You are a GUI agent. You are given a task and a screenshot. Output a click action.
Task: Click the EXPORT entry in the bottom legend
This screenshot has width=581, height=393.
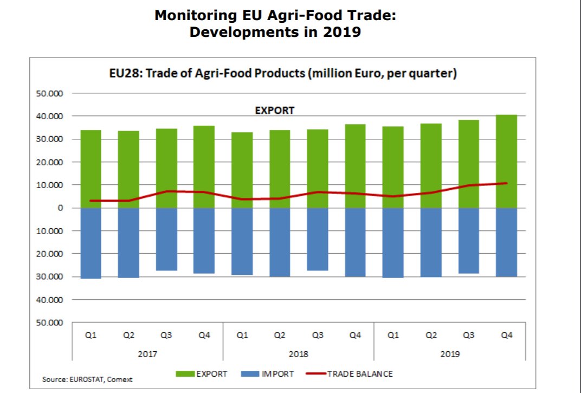coord(202,373)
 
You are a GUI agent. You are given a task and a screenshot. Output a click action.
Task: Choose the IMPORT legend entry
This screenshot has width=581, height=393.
coord(269,373)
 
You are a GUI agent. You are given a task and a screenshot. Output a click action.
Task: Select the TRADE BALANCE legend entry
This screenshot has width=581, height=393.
coord(349,373)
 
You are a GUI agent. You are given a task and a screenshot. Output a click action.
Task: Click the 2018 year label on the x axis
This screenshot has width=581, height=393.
coord(298,354)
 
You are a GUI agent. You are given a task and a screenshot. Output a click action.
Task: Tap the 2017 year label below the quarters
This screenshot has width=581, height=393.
coord(147,354)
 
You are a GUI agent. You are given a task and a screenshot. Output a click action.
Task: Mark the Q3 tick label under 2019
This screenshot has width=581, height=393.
coord(469,336)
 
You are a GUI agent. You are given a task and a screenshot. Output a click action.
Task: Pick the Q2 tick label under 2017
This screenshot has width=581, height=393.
coord(128,336)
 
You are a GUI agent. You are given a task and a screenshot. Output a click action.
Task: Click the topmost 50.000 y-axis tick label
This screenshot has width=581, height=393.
coord(53,94)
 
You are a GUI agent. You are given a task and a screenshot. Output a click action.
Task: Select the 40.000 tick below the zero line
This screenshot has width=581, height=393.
coord(53,300)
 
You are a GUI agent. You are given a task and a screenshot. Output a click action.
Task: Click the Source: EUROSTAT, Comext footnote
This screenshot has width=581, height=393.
coord(87,379)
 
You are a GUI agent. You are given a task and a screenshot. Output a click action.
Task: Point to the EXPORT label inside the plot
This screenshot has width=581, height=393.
coord(274,111)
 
